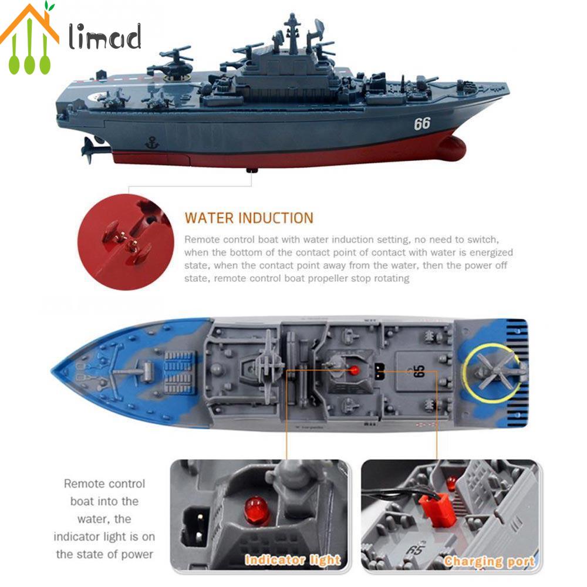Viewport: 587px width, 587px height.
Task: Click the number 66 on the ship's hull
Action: coord(422,124)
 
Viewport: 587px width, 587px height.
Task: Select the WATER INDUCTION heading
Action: coord(249,218)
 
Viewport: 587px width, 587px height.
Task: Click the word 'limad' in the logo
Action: coord(104,38)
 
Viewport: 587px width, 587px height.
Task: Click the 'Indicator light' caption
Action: coord(292,559)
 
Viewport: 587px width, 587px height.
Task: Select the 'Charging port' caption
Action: coord(489,561)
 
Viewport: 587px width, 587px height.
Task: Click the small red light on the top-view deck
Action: coord(354,370)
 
